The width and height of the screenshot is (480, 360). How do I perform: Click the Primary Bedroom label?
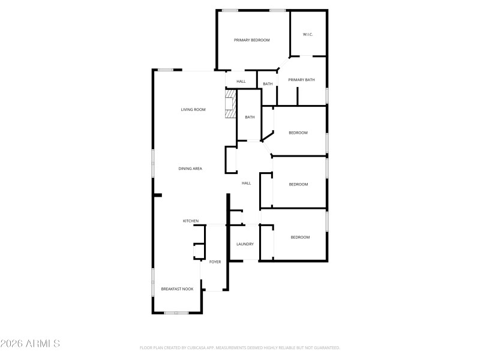click(251, 40)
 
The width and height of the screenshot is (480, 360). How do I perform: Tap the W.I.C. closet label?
click(308, 34)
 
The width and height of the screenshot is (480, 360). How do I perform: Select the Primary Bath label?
click(301, 80)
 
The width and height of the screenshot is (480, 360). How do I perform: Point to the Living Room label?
click(193, 110)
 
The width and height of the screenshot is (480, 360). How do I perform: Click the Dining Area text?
click(190, 169)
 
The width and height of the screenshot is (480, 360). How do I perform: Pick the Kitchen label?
click(191, 221)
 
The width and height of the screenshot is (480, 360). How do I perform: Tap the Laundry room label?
click(245, 244)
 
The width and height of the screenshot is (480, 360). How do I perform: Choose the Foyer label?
click(215, 262)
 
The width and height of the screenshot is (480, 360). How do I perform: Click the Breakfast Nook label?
click(177, 289)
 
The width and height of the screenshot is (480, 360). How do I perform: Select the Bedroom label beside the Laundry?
click(300, 238)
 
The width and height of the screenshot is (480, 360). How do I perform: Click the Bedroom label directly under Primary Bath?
click(298, 133)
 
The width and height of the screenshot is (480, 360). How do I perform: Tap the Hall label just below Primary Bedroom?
click(241, 82)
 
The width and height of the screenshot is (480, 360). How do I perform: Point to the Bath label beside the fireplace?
click(250, 117)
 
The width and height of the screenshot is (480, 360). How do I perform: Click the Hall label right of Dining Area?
click(246, 183)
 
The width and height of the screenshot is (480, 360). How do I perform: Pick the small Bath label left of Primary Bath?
click(268, 84)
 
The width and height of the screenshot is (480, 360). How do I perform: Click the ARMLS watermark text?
click(30, 344)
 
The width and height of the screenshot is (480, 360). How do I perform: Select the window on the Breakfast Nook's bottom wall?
click(176, 313)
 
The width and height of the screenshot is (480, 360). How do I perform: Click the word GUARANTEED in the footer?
click(326, 348)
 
